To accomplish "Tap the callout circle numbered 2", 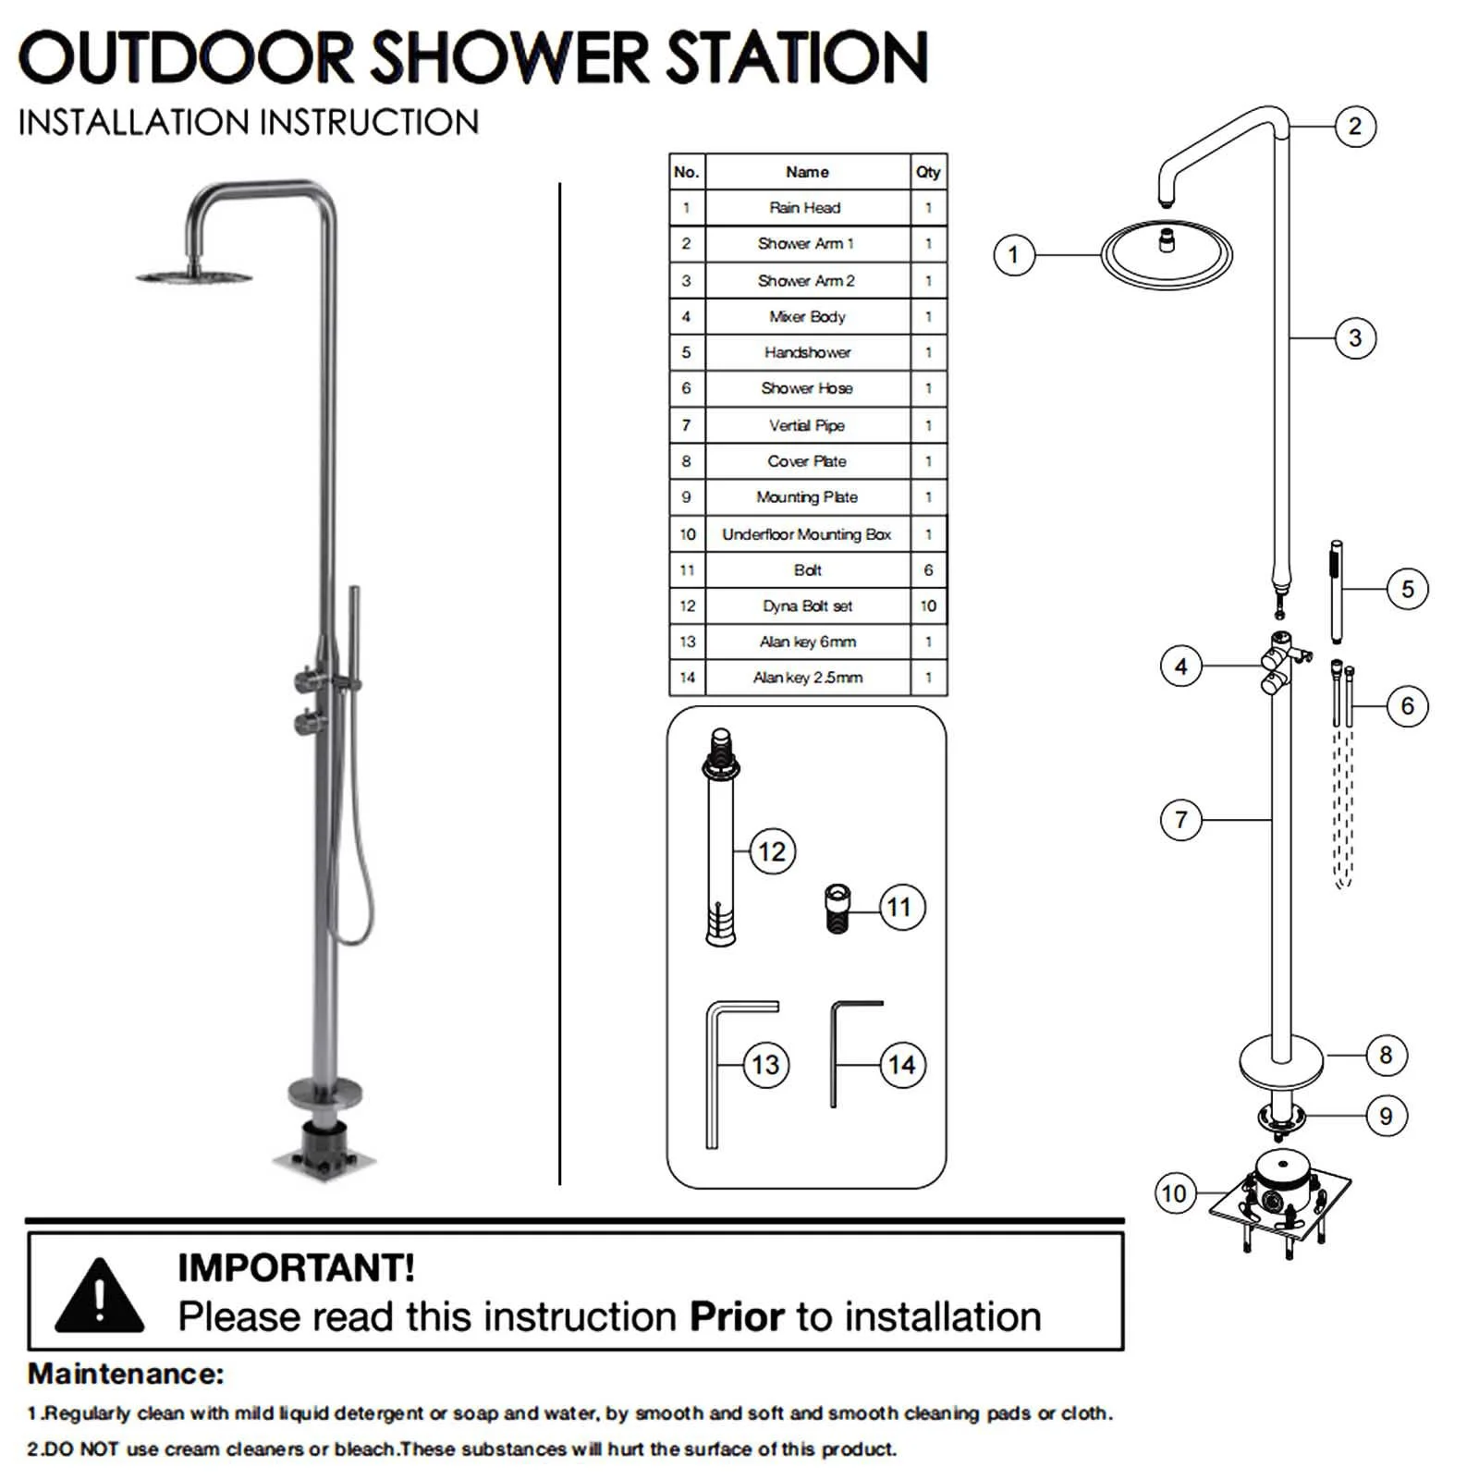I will click(1354, 126).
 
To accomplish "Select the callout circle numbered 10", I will click(1174, 1193).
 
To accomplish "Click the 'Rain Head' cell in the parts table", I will click(806, 208).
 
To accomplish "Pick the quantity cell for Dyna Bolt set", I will click(928, 605).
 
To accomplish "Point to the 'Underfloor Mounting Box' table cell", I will click(806, 534).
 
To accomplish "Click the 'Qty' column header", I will click(928, 172).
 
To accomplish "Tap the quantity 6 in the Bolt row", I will click(928, 570).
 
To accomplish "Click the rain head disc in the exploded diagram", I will click(1166, 253).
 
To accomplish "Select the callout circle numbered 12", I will click(771, 850).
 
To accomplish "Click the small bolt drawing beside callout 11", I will click(837, 909).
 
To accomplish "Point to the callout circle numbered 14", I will click(901, 1065).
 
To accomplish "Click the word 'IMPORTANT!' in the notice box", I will click(296, 1268).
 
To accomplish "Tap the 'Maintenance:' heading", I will click(126, 1374).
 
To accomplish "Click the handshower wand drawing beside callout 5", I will click(1336, 592).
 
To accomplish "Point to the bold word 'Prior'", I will click(737, 1316).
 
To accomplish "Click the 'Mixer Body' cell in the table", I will click(806, 316).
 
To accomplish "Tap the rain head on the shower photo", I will click(195, 275).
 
